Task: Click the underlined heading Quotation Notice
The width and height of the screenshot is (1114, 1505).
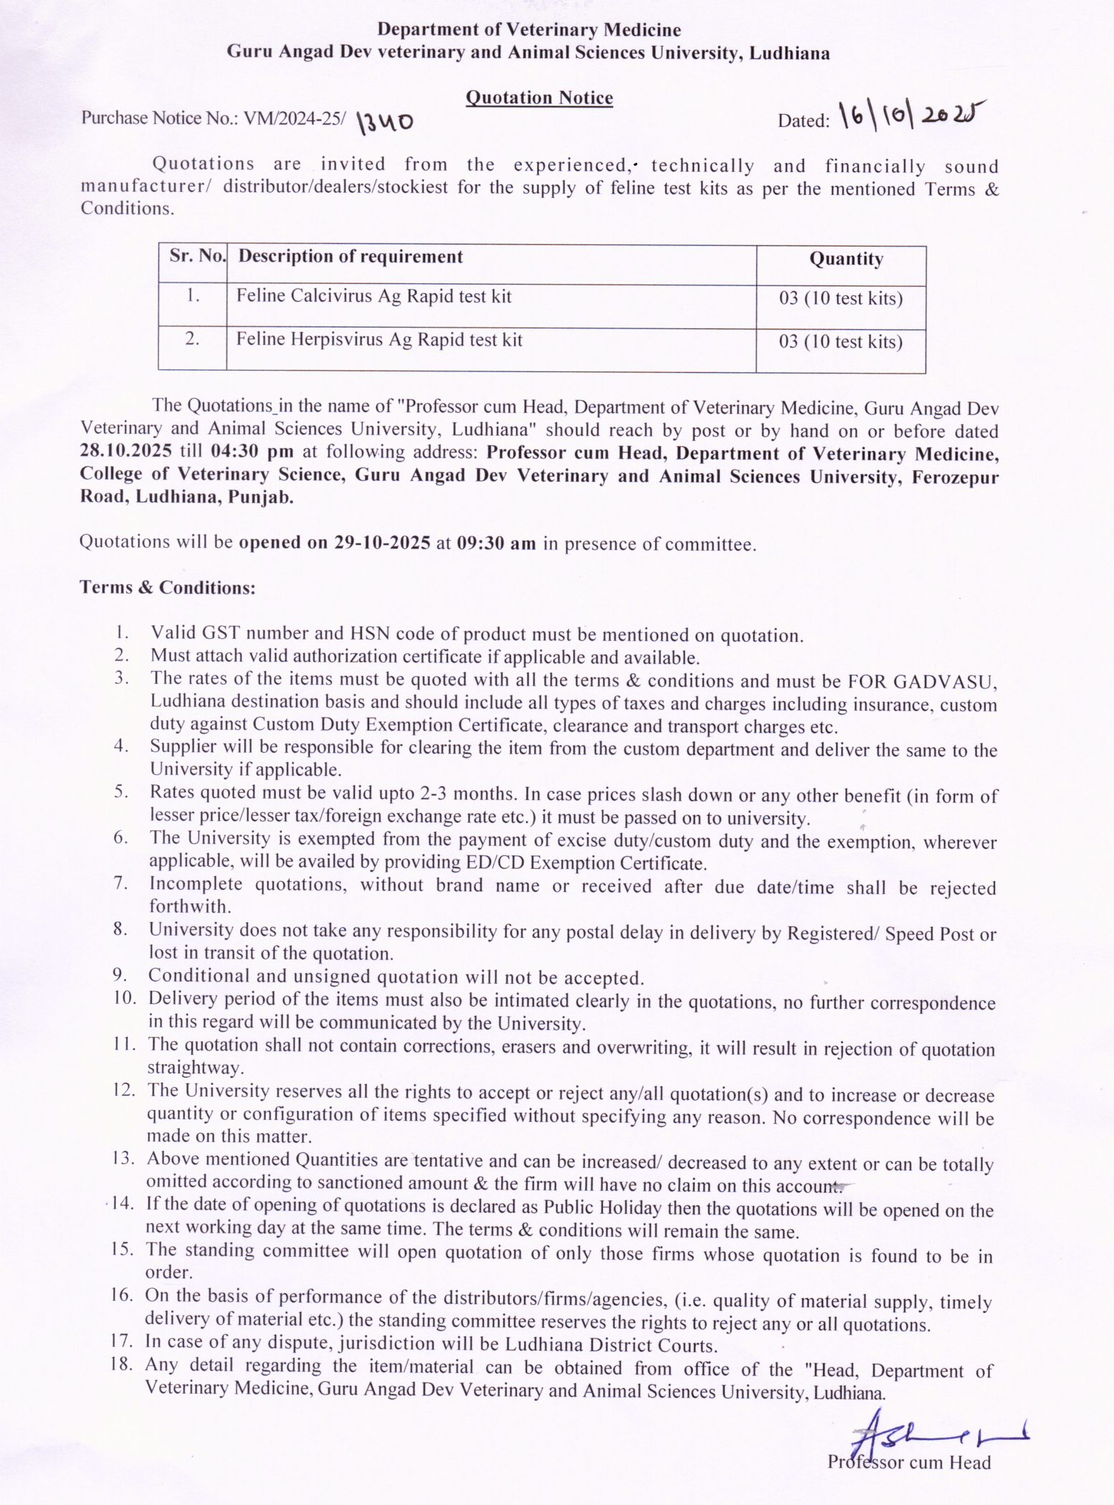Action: [x=539, y=98]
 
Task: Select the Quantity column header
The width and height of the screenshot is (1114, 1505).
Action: [x=846, y=259]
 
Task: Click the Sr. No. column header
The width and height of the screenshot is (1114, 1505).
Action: [x=197, y=256]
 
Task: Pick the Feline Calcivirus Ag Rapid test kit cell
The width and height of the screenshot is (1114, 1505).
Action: [x=374, y=296]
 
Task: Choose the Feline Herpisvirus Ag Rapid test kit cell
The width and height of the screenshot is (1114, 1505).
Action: [x=379, y=339]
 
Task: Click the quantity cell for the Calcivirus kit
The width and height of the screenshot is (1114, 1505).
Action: [x=840, y=298]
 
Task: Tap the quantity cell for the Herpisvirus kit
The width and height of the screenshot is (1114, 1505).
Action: [x=840, y=342]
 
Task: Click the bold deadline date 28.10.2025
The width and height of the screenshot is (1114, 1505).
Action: [x=125, y=452]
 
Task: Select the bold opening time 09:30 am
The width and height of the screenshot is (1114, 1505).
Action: [x=496, y=543]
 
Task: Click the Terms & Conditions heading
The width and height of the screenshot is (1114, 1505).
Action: [x=168, y=587]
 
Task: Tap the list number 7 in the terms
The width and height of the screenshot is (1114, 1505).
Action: [x=120, y=883]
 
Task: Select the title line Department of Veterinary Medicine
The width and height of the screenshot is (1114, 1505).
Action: [x=529, y=29]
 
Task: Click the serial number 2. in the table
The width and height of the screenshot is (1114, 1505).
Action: [x=192, y=339]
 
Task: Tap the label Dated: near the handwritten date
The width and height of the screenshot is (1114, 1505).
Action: [x=804, y=120]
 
